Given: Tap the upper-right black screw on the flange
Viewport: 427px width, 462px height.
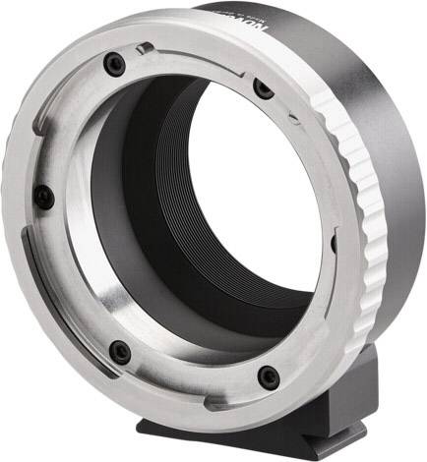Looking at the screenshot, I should (262, 88).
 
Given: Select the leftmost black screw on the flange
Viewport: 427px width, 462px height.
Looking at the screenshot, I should (41, 196).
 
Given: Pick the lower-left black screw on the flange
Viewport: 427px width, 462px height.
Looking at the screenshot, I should (120, 351).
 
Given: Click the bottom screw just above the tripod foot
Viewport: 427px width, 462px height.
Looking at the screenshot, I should (265, 374).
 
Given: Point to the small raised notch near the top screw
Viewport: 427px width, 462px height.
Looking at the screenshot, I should (146, 48).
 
